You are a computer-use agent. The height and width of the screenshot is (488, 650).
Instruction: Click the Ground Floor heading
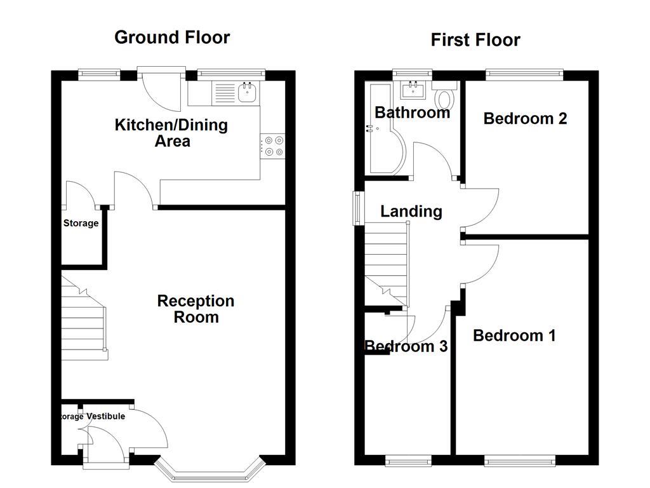point(172,37)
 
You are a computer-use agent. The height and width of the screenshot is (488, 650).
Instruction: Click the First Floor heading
point(475,40)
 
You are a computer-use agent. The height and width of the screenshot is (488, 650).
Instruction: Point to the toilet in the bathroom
point(446,98)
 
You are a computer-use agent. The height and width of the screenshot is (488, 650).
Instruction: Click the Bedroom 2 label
point(525,118)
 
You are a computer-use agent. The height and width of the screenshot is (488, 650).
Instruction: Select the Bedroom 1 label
point(514,335)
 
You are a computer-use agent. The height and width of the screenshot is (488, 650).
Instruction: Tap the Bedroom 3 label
point(406,346)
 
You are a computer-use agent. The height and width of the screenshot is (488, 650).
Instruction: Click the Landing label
point(411,211)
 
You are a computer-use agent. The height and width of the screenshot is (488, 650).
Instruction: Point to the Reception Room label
point(196,309)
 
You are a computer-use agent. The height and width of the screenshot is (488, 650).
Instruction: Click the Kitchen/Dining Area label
point(171,132)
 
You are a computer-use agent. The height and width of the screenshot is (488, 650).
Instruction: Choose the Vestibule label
point(106,416)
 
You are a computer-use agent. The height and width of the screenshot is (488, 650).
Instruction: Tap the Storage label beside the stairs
point(81,223)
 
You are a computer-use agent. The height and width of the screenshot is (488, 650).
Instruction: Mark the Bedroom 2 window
point(524,74)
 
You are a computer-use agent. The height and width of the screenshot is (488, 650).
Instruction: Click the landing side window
point(358,208)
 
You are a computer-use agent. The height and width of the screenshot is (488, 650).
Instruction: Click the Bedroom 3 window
point(409,459)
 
